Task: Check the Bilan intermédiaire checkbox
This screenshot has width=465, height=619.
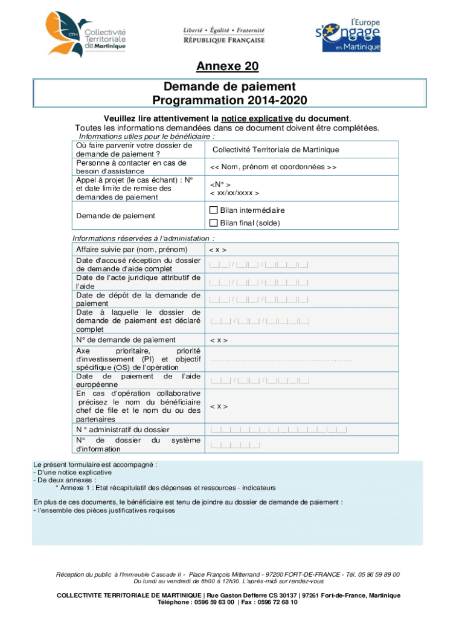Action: coord(213,210)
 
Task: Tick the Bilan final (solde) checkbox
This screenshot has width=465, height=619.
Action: coord(213,223)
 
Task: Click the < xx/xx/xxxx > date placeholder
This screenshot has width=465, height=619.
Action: coord(234,193)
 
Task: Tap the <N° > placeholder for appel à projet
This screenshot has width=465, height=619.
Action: coord(220,184)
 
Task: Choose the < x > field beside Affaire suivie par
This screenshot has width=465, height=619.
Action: coord(218,250)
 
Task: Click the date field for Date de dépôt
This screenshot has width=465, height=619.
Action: coord(259,299)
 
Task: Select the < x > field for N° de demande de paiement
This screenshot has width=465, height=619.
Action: coord(218,340)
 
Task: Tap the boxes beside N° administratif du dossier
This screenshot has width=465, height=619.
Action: coord(278,430)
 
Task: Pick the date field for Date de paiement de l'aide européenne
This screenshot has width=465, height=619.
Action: coord(259,381)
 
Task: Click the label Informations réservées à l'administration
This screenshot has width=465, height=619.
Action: coord(144,238)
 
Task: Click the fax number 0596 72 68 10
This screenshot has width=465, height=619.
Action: coord(277,603)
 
